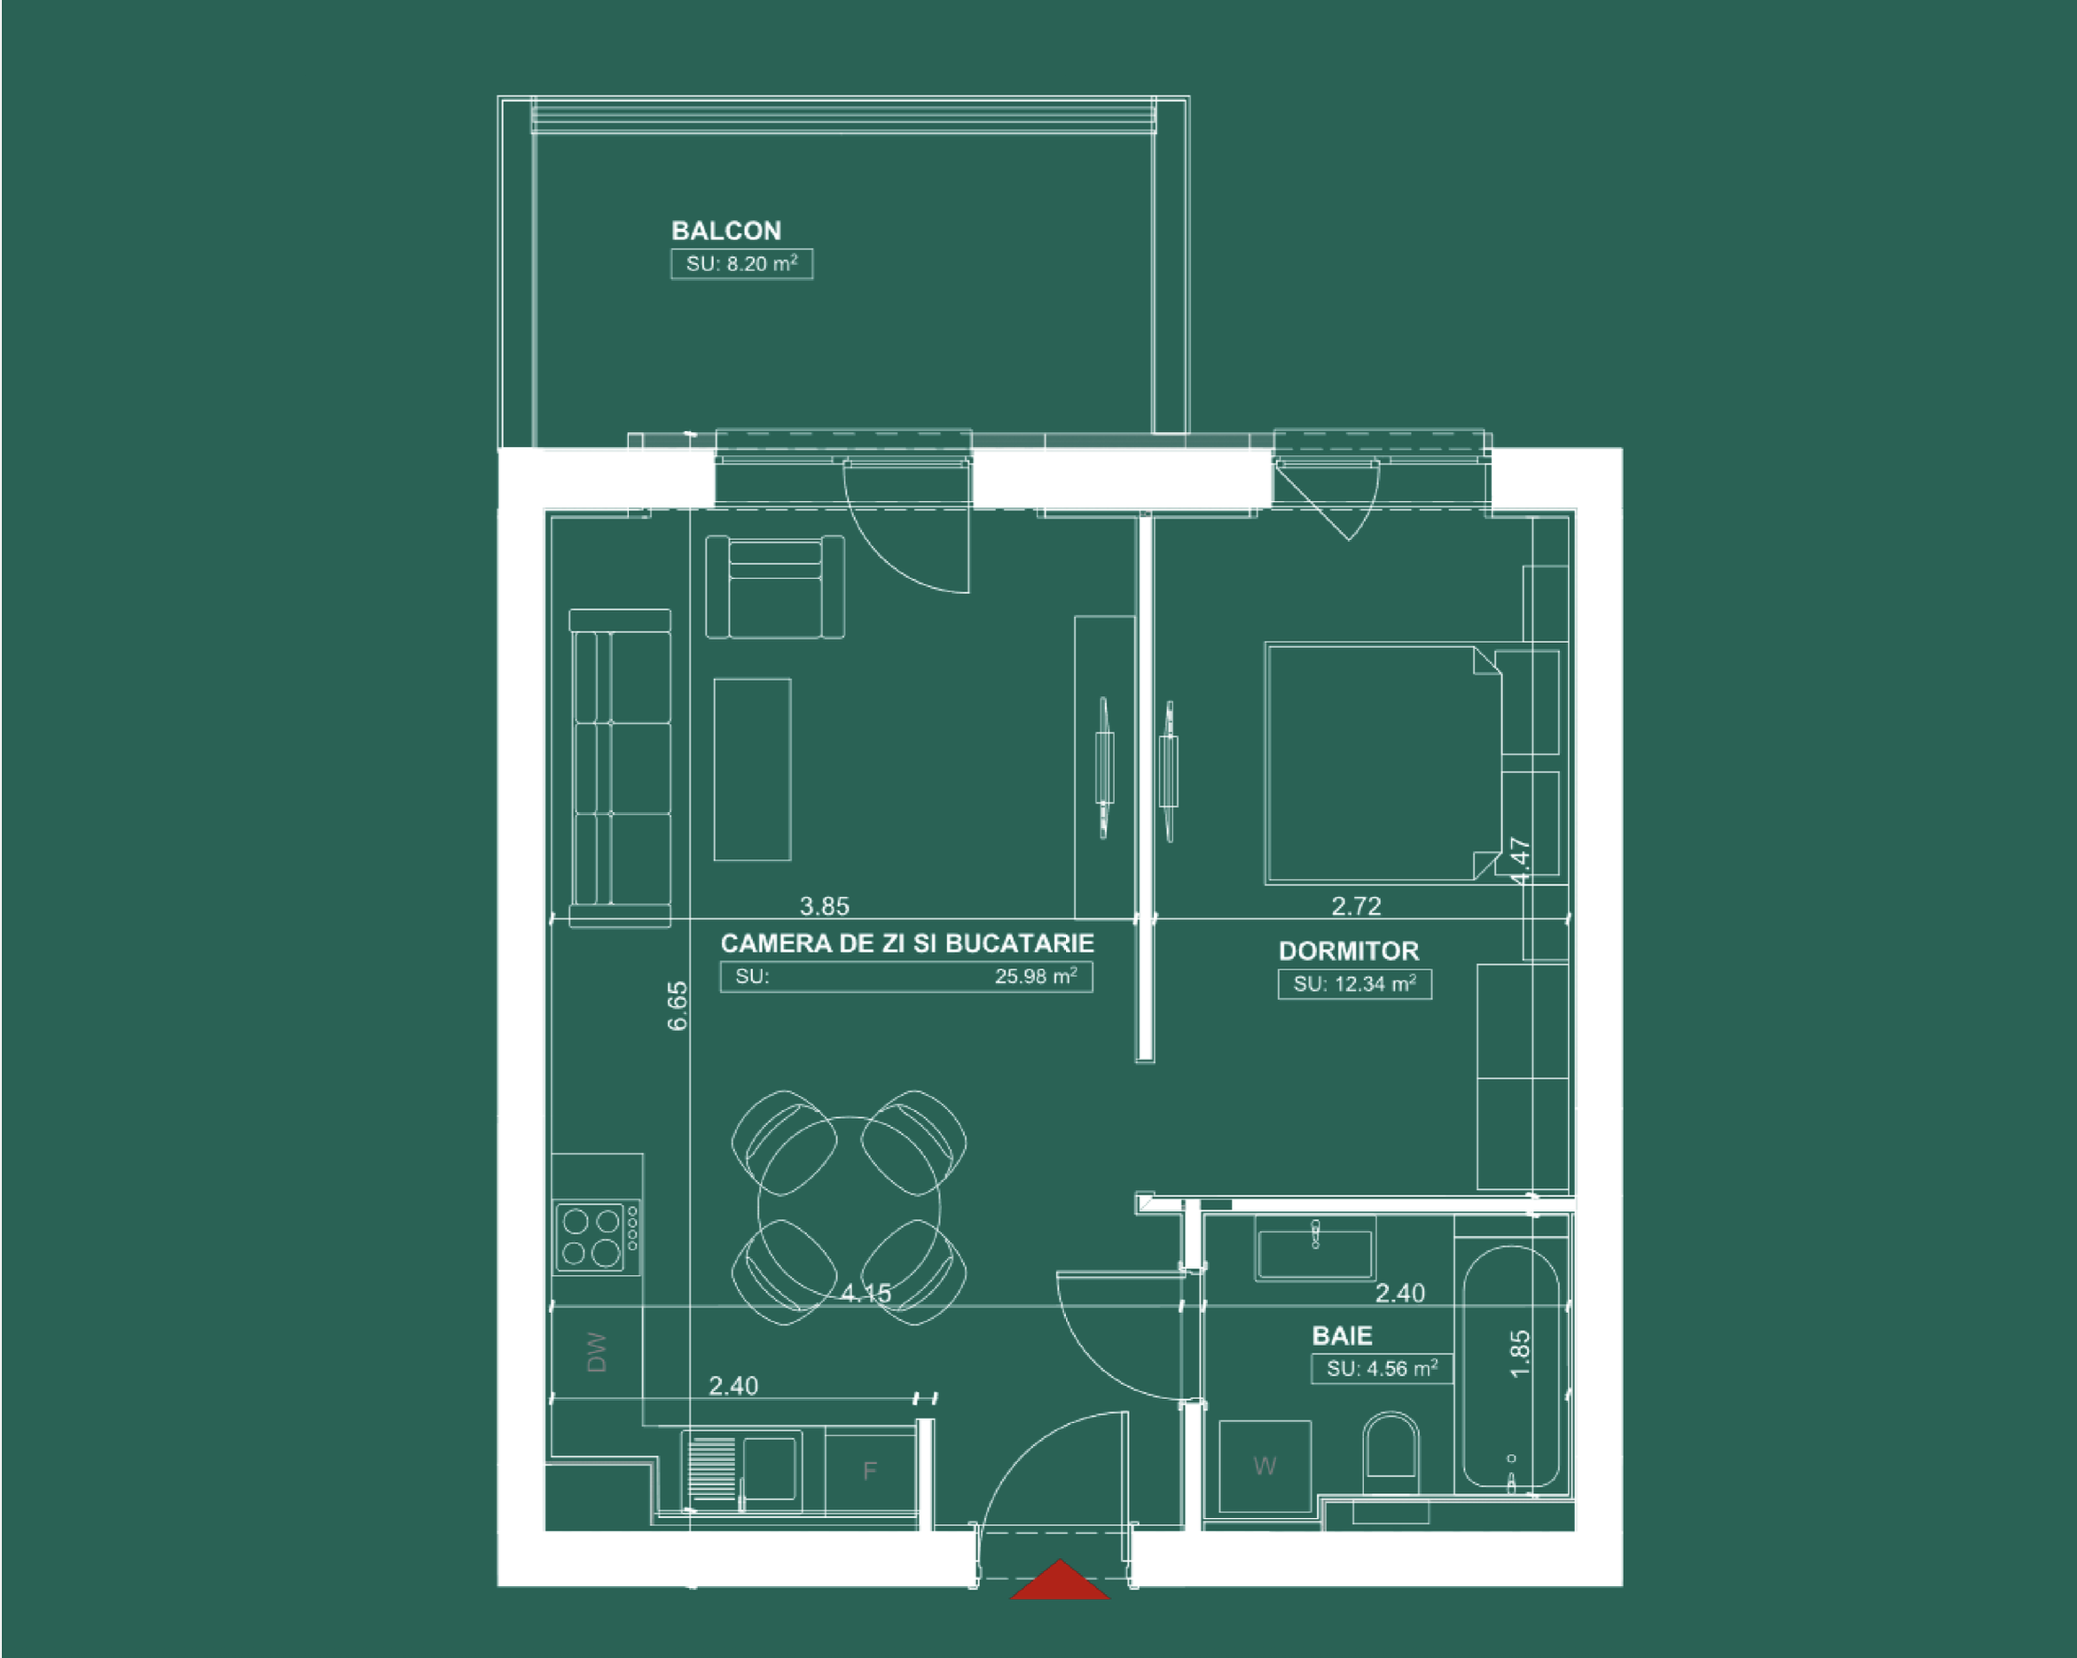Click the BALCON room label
[x=725, y=231]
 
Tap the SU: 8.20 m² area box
[x=741, y=264]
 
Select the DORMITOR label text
[x=1349, y=950]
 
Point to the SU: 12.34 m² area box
[x=1354, y=983]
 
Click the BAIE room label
[x=1342, y=1335]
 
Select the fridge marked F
[x=870, y=1471]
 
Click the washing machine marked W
[x=1265, y=1466]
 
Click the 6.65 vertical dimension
[x=678, y=1005]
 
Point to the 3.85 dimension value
[x=825, y=905]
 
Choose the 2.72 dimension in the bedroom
[x=1356, y=905]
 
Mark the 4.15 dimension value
[x=866, y=1293]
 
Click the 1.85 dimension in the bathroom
[x=1519, y=1354]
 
